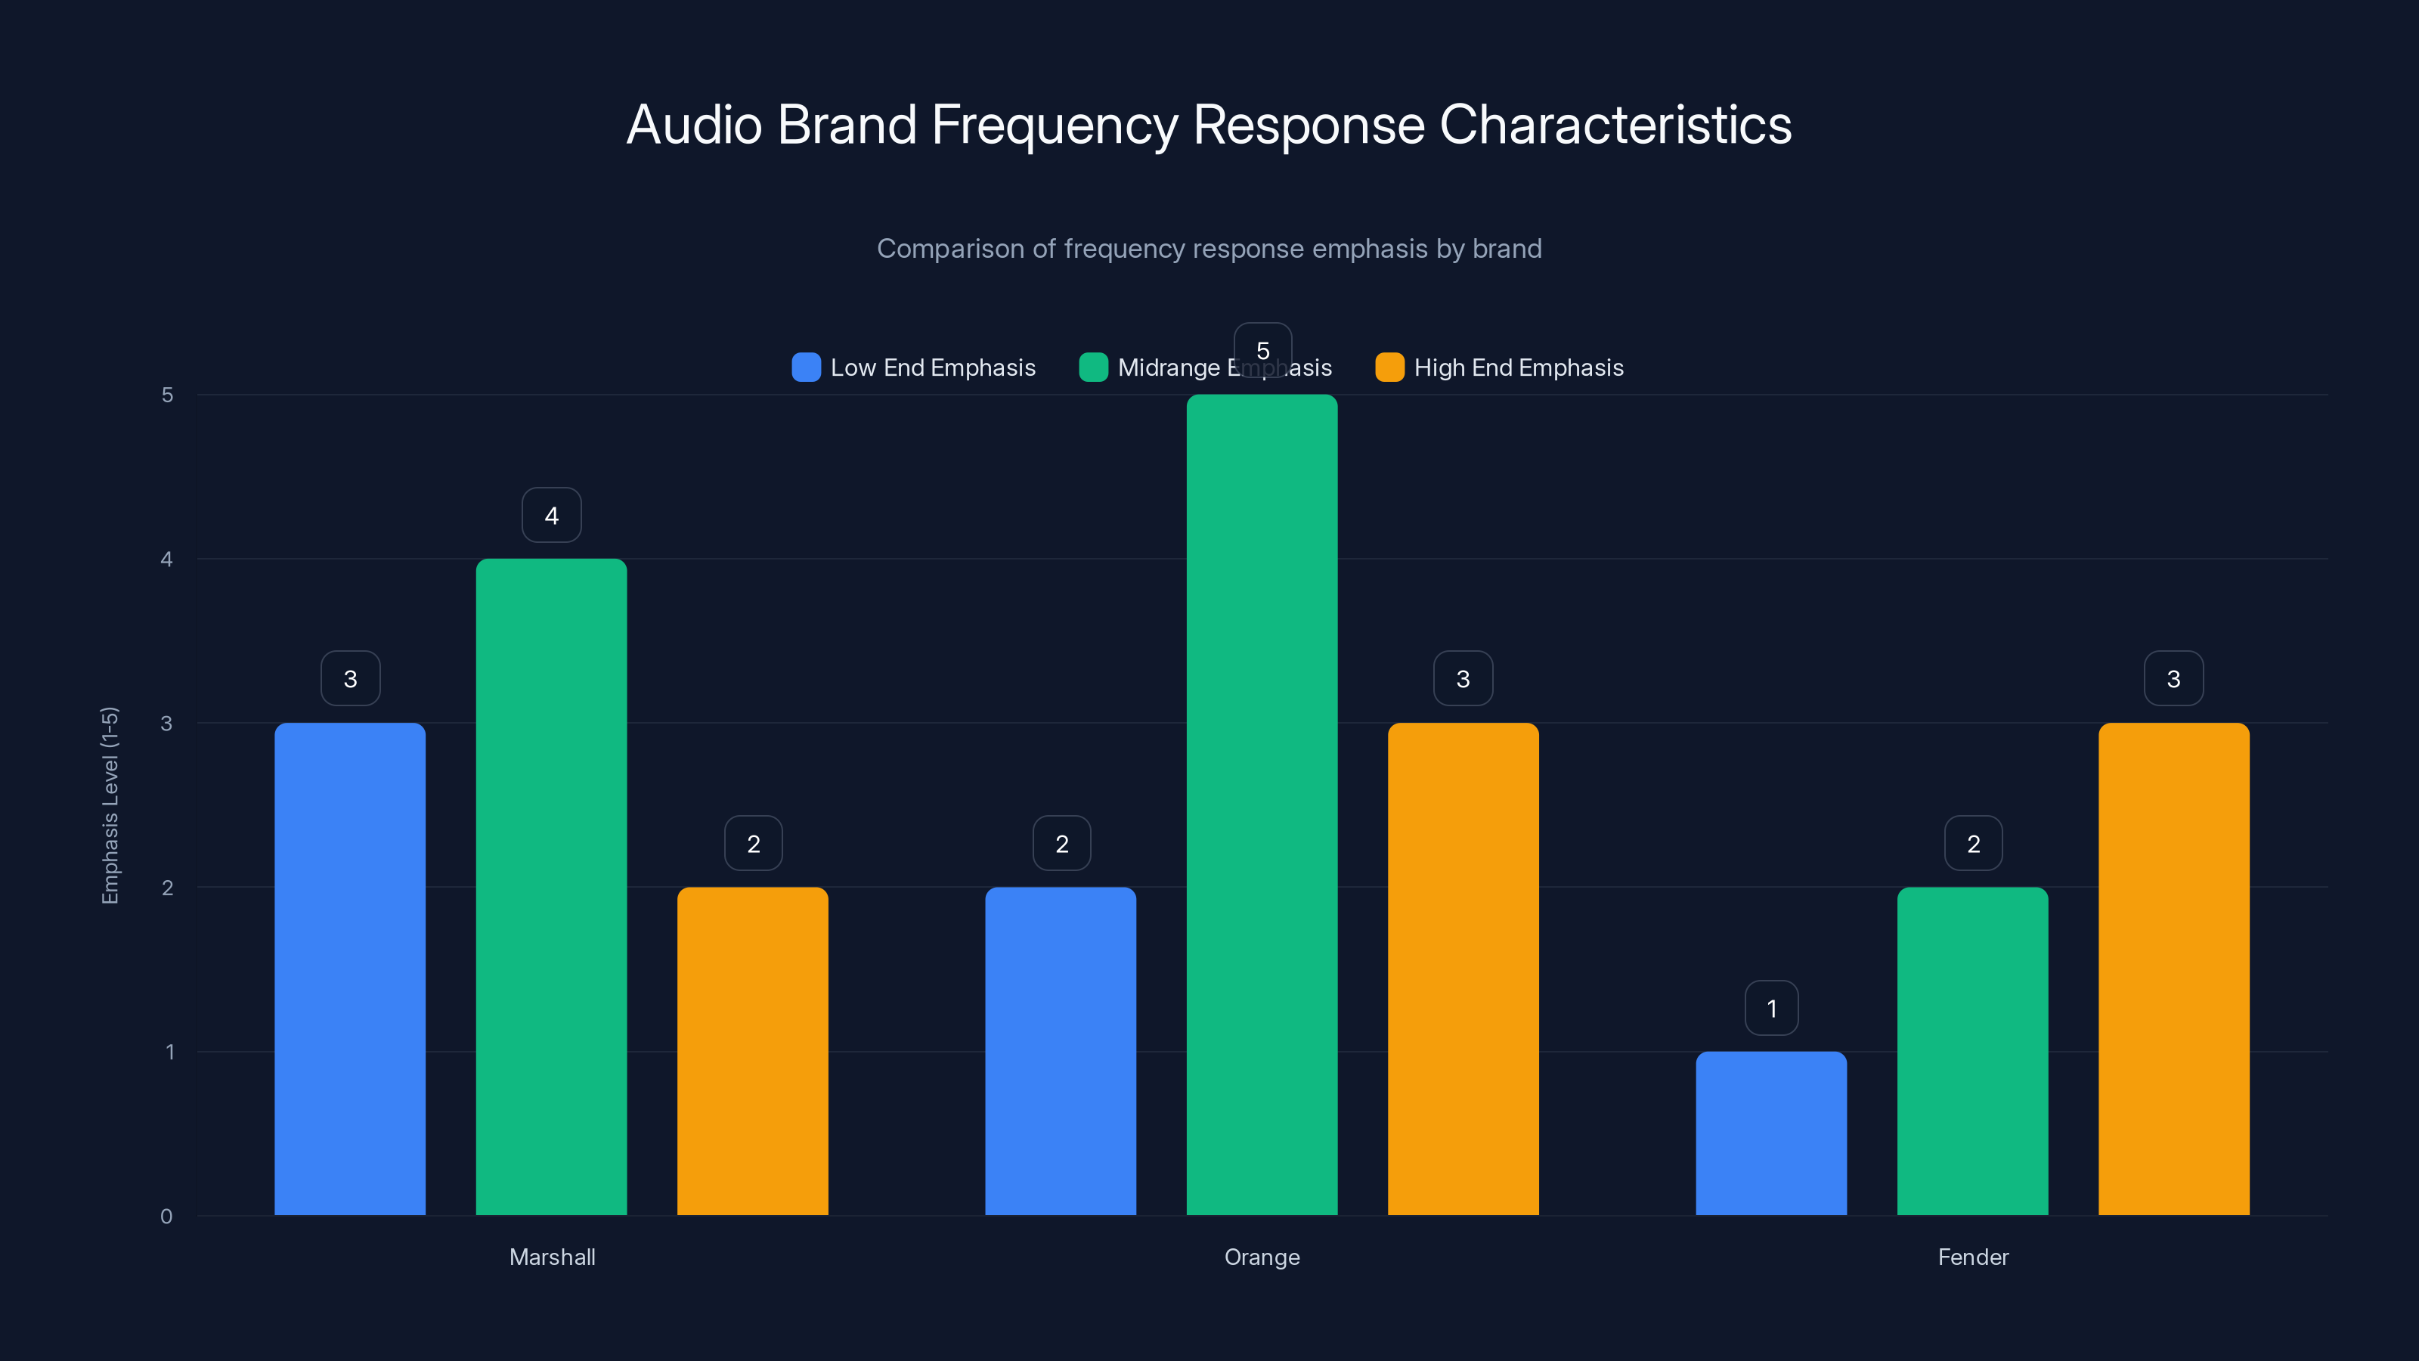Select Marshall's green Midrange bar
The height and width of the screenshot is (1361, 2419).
(551, 887)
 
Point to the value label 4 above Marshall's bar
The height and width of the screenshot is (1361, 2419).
(551, 515)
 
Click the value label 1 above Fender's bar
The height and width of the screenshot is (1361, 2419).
(1771, 1008)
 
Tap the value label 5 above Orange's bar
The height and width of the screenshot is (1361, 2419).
(1262, 349)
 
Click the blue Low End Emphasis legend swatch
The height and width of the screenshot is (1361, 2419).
(806, 367)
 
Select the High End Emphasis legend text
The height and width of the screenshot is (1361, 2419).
(1519, 367)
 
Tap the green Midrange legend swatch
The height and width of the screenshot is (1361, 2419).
(1093, 367)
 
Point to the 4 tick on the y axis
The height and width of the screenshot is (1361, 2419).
(167, 559)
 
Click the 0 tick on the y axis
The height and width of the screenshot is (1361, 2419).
(167, 1217)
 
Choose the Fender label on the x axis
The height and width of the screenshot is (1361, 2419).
(1973, 1257)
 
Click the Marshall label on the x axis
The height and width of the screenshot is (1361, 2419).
(552, 1257)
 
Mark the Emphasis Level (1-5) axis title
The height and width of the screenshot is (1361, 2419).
(110, 805)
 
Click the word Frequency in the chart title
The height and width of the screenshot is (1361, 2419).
(1054, 125)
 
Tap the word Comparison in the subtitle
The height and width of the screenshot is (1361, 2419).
(950, 248)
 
